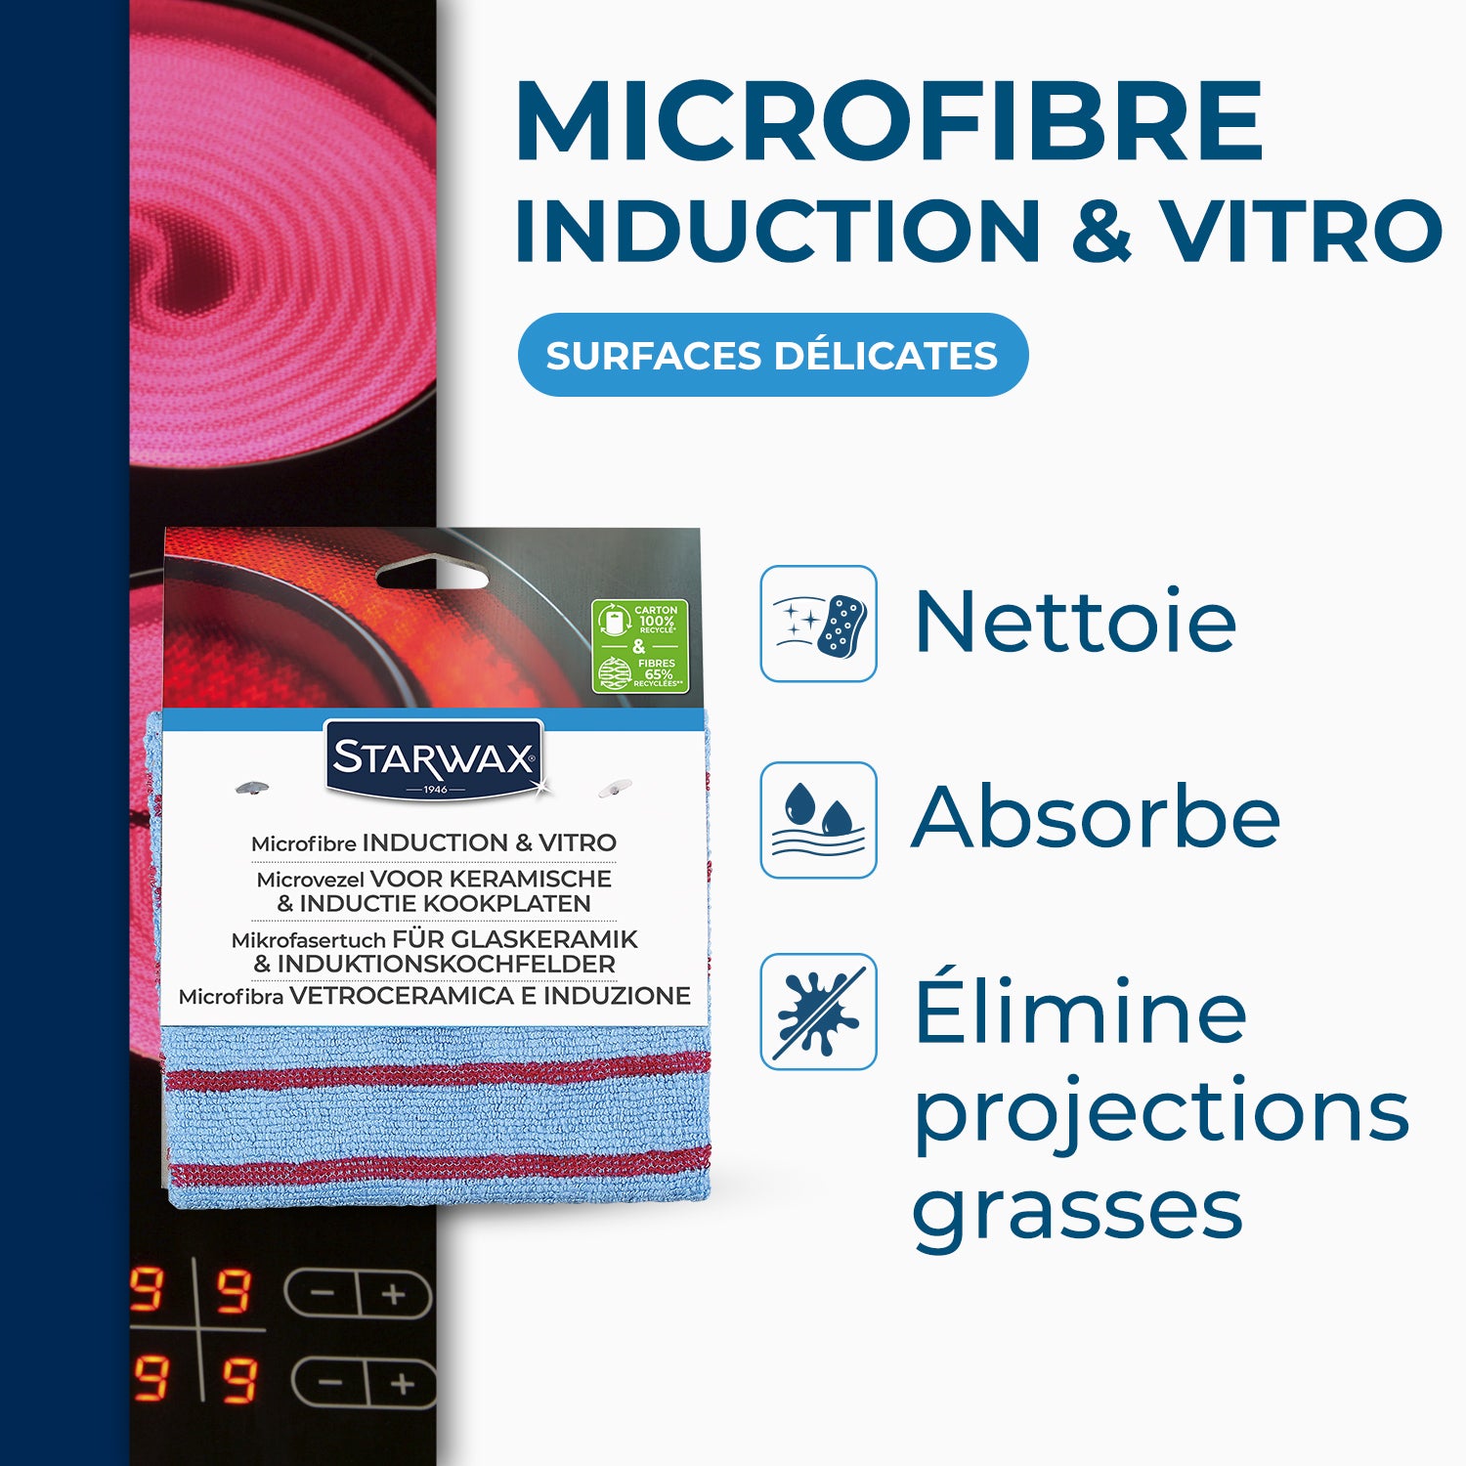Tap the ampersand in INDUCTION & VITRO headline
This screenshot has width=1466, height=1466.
(1101, 232)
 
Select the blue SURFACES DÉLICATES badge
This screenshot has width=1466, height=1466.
(772, 355)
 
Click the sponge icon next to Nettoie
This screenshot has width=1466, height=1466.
(819, 624)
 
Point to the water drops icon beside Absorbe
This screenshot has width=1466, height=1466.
(819, 820)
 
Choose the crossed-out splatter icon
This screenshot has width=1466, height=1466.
(819, 1012)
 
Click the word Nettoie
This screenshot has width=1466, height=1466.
(1075, 622)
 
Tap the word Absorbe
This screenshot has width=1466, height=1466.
(1095, 817)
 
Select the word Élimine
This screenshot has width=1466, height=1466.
(1080, 1009)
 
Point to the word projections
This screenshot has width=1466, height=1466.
(1161, 1112)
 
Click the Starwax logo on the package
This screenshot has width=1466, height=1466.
(434, 759)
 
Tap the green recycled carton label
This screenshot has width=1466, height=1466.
(640, 646)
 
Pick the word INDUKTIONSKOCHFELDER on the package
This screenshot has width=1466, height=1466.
(446, 965)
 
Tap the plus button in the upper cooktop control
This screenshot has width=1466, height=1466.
(394, 1296)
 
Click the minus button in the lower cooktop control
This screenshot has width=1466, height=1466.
(330, 1384)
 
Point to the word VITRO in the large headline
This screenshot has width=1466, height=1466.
(1302, 232)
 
